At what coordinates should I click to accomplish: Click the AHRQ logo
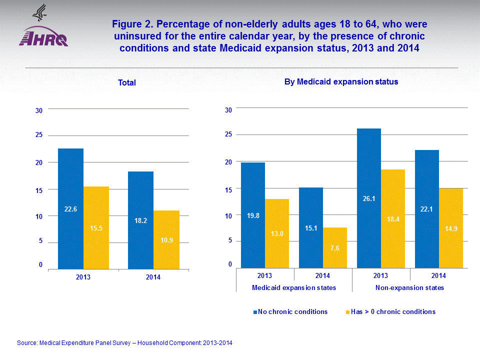[x=43, y=30]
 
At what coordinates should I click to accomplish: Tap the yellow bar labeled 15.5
[x=96, y=227]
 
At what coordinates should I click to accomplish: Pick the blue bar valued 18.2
[x=140, y=220]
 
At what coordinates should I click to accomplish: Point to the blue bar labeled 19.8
[x=253, y=215]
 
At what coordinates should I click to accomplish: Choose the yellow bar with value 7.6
[x=335, y=248]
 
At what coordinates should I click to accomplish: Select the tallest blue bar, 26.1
[x=369, y=198]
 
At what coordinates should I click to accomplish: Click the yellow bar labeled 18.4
[x=393, y=218]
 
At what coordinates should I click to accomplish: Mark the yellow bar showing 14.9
[x=451, y=228]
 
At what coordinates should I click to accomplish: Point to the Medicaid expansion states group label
[x=294, y=288]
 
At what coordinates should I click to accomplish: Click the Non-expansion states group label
[x=409, y=288]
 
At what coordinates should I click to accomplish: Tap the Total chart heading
[x=127, y=83]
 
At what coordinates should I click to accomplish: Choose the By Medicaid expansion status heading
[x=341, y=81]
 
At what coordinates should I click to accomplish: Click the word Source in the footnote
[x=27, y=343]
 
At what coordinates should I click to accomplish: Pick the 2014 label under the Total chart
[x=153, y=277]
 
